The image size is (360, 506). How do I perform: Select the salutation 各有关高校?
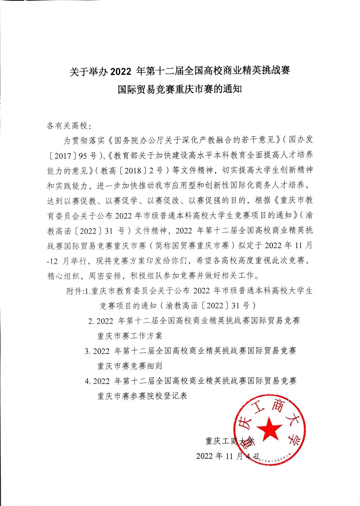[x=66, y=125]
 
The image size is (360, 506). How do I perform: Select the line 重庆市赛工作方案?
[x=130, y=336]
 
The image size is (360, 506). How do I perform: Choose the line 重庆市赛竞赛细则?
[x=130, y=366]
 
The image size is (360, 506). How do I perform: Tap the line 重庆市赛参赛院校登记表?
[x=142, y=396]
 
